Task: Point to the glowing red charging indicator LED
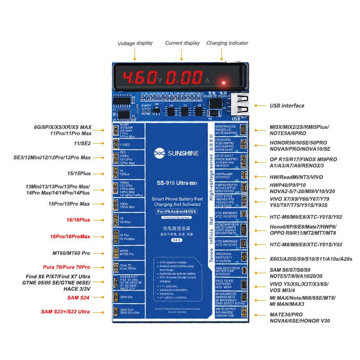pos(221,83)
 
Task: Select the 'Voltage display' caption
pos(135,44)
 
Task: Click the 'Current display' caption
pos(182,43)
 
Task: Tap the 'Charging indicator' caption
pos(227,43)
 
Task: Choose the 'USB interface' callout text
pos(286,106)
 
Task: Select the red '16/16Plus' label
pos(79,220)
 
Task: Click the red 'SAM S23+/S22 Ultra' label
pos(65,312)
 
